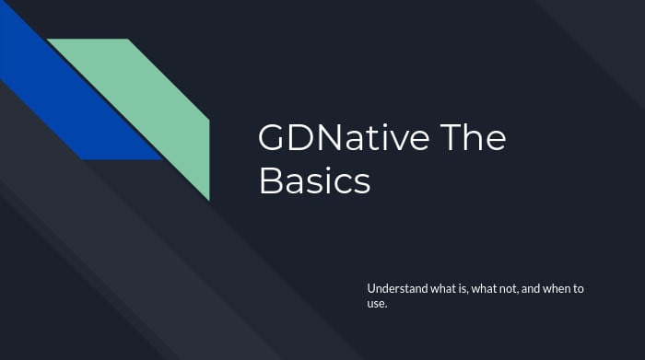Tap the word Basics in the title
tap(314, 181)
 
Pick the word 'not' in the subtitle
tap(506, 289)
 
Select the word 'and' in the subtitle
tap(533, 289)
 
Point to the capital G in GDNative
tap(273, 139)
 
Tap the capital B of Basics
tap(269, 181)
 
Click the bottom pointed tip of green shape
tap(208, 198)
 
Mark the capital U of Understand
tap(371, 289)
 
